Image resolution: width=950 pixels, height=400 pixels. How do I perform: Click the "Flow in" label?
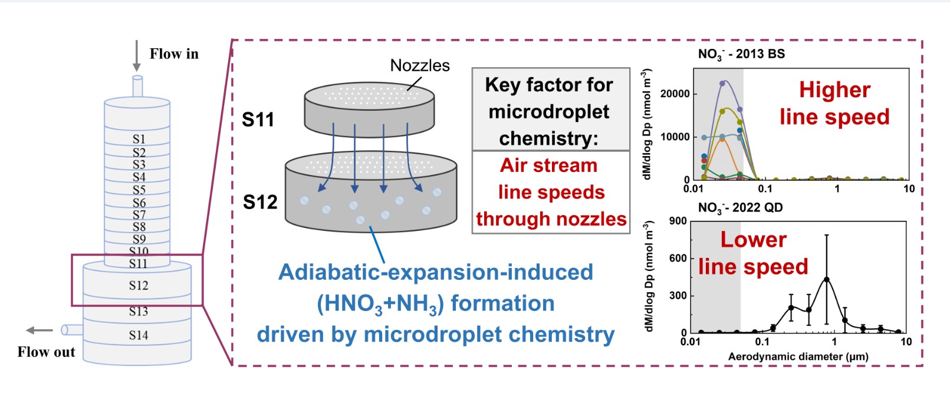(x=174, y=54)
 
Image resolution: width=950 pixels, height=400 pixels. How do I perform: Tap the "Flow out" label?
(x=46, y=352)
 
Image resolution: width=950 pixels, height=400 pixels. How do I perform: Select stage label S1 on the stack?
(x=139, y=139)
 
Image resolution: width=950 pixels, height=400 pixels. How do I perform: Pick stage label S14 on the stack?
(x=139, y=335)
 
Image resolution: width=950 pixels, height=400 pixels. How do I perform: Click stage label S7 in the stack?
(x=139, y=214)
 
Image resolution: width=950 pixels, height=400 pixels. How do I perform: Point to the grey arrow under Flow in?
(x=137, y=55)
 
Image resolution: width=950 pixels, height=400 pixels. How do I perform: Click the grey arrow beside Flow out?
(x=40, y=330)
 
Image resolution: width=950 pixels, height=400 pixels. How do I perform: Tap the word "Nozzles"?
(x=420, y=65)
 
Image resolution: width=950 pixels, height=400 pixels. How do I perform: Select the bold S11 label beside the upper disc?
(x=258, y=120)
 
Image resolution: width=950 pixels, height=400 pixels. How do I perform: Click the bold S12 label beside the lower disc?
(x=260, y=202)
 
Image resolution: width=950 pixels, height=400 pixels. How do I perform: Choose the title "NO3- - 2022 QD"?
(x=740, y=208)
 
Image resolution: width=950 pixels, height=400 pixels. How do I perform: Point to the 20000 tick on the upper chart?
(x=675, y=94)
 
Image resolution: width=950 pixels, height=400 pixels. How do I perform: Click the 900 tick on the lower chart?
(x=678, y=221)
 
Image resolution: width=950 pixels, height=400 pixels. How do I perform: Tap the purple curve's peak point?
(x=722, y=83)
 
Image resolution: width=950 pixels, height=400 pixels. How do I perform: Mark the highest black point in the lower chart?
(x=827, y=279)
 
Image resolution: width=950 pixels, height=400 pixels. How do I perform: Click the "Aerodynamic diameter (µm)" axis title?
(x=798, y=356)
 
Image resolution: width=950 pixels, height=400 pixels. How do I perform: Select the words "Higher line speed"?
(x=834, y=103)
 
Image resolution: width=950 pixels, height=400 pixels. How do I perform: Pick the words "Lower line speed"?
(x=753, y=253)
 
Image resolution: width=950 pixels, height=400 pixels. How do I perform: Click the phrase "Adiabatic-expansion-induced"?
(x=436, y=272)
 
